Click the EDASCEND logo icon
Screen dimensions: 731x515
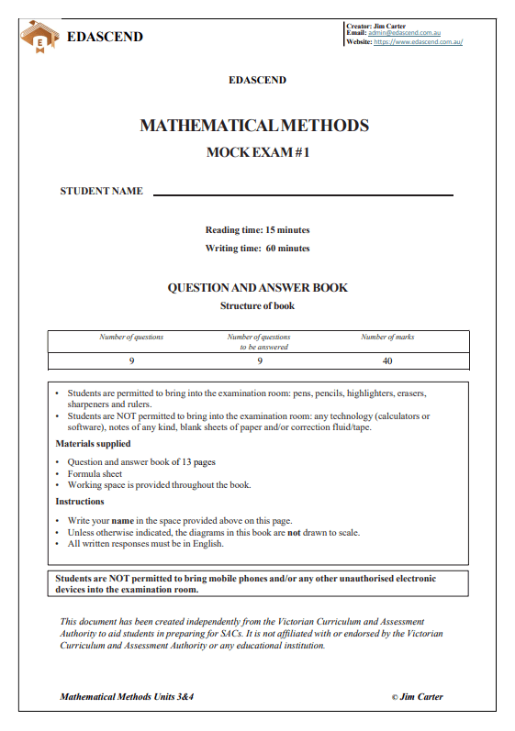coord(39,38)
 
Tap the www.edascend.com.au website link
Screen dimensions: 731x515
coord(418,42)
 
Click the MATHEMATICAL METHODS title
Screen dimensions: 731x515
coord(254,126)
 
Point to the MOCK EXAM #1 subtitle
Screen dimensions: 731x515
coord(257,153)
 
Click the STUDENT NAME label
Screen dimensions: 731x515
coord(102,191)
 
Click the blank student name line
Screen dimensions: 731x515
coord(303,194)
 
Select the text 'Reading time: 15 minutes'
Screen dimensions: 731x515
coord(257,229)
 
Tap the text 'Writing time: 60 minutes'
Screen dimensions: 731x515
coord(257,248)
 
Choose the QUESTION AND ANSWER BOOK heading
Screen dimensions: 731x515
coord(257,287)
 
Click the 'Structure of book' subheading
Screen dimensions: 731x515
coord(257,305)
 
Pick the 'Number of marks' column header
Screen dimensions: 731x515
coord(387,337)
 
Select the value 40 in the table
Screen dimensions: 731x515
coord(387,360)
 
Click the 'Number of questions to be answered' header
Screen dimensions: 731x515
coord(259,341)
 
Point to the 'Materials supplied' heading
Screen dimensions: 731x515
coord(93,444)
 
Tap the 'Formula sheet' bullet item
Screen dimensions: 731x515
coord(95,473)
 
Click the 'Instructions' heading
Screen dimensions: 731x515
coord(80,502)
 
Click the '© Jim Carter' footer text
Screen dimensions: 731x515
coord(417,696)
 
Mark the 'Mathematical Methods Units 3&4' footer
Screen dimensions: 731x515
coord(127,696)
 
